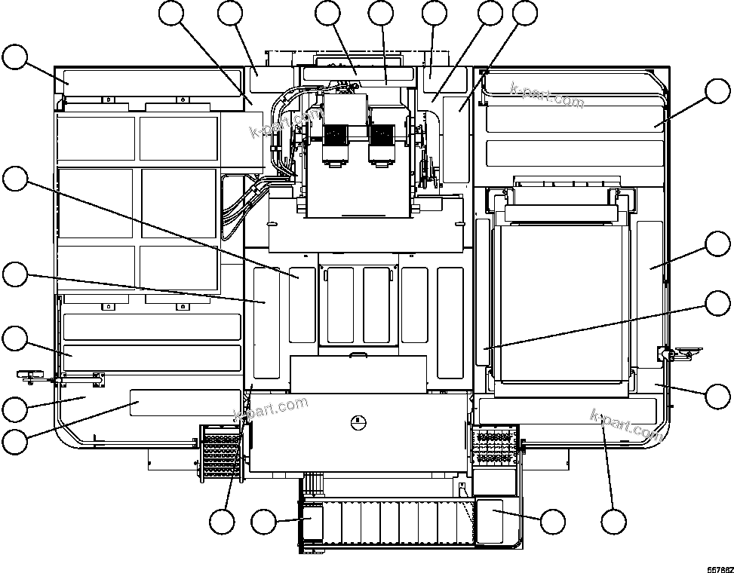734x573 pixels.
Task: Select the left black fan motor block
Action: [x=335, y=139]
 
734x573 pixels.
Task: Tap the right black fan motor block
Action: [x=382, y=139]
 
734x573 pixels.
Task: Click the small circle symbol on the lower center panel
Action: [x=360, y=421]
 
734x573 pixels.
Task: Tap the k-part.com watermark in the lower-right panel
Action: [x=626, y=424]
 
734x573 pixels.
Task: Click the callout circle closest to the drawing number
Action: [x=718, y=395]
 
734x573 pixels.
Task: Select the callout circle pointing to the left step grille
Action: [x=223, y=522]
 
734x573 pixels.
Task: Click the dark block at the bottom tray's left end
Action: [x=312, y=522]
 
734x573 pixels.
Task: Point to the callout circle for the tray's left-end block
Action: [x=264, y=521]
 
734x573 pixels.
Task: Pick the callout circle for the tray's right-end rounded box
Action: [x=553, y=521]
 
